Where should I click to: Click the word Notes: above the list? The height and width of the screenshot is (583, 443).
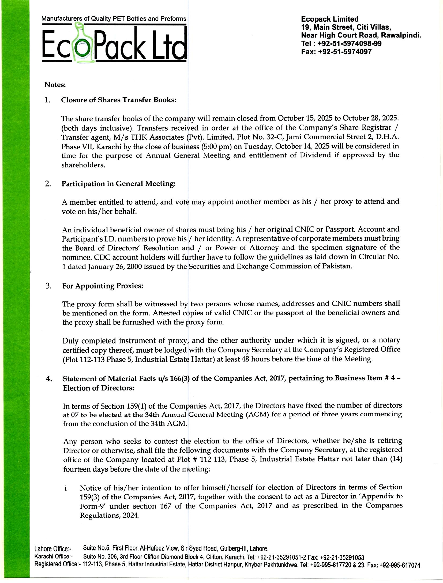tap(55, 85)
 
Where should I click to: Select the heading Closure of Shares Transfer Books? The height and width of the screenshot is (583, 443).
tap(119, 100)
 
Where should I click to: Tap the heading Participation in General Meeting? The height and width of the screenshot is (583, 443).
tap(118, 184)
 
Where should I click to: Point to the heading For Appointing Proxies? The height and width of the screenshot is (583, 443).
tap(103, 286)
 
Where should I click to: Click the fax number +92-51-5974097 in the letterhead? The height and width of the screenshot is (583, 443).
tap(345, 52)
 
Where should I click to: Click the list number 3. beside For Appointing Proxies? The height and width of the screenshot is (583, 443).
tap(48, 286)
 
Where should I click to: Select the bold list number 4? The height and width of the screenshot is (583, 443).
tap(49, 379)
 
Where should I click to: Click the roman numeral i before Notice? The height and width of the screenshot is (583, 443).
tap(66, 488)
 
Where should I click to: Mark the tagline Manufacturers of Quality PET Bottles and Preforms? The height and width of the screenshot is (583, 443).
tap(114, 19)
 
